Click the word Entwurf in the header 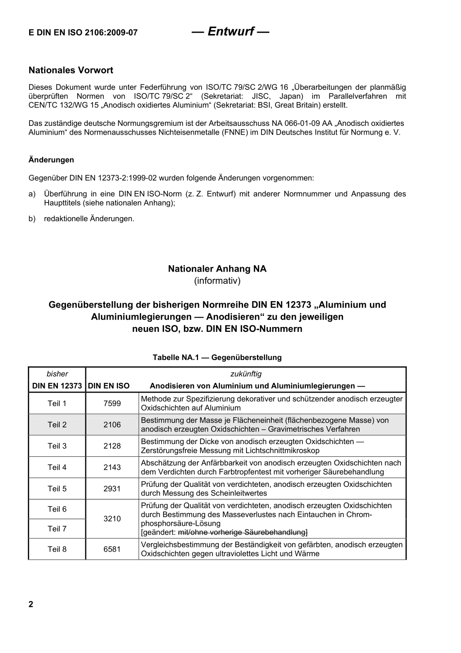(x=230, y=32)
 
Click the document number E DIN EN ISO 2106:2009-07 (x=83, y=33)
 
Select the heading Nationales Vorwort (x=71, y=70)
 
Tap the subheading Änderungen (x=51, y=160)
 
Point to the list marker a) (x=32, y=194)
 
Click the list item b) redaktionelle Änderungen (x=89, y=219)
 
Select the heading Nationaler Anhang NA (x=217, y=269)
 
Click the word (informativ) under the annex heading (x=217, y=281)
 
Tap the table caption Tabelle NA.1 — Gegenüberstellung (x=217, y=358)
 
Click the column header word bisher (x=57, y=374)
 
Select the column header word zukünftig (x=246, y=374)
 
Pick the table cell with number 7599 (x=112, y=403)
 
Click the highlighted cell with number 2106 (x=112, y=425)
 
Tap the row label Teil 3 (x=57, y=446)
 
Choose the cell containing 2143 (x=112, y=467)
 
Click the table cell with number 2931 (x=112, y=489)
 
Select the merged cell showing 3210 (x=112, y=519)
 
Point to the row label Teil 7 (x=57, y=529)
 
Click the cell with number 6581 (x=112, y=550)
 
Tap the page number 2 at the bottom (x=31, y=604)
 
